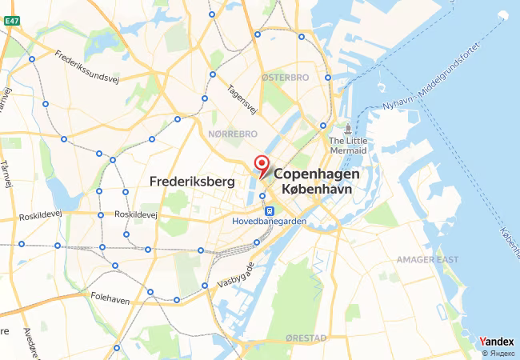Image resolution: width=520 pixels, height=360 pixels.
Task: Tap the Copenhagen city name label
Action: pos(317,174)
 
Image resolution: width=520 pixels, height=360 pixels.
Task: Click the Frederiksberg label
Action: pos(190,182)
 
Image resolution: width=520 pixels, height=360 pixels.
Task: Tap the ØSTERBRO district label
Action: pos(285,78)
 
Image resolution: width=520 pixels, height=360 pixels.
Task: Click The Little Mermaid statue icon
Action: pos(347,129)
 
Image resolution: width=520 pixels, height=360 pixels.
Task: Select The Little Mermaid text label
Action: pos(347,146)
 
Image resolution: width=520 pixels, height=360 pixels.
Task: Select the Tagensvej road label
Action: pos(242,99)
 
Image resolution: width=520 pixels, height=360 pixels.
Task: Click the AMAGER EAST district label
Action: pos(427,260)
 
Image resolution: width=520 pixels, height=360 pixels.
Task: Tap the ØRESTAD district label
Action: pos(305,338)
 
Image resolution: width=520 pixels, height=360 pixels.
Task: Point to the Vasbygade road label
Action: pos(237,274)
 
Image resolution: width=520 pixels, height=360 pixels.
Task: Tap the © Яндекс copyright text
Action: pos(498,353)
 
